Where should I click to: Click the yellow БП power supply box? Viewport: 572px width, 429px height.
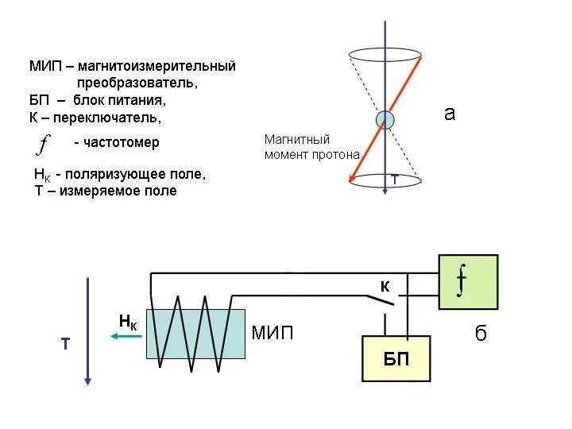point(396,358)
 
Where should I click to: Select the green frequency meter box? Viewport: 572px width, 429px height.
point(468,281)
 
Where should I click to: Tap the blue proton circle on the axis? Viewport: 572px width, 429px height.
point(385,120)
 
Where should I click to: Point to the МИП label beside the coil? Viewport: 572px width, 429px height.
point(272,333)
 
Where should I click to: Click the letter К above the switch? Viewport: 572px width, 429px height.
point(385,288)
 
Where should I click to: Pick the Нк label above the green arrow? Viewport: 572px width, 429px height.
point(128,322)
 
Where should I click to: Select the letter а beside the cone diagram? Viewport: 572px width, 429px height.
point(450,114)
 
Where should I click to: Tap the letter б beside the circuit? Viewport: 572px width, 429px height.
point(481,334)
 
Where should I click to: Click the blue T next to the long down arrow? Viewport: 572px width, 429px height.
point(65,345)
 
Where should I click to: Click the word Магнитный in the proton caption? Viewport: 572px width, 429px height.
point(296,139)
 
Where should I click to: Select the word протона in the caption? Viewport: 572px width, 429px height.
point(337,154)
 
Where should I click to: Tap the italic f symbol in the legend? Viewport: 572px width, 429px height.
point(44,144)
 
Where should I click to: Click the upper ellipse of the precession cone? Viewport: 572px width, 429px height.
point(385,56)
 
